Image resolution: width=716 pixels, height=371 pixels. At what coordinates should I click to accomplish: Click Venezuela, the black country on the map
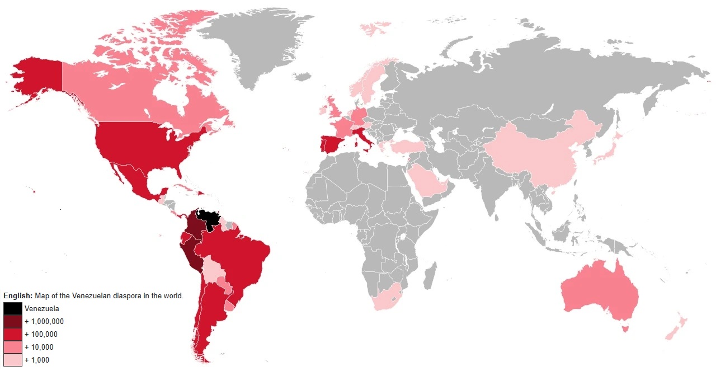pos(210,219)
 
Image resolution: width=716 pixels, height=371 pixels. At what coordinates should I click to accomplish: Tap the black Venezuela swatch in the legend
pos(12,308)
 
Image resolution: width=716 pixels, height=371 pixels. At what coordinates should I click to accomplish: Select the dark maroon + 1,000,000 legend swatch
pos(12,321)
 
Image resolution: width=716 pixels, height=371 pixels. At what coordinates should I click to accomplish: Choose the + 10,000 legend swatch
pos(12,347)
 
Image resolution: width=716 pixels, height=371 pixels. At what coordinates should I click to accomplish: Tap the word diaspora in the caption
pos(129,295)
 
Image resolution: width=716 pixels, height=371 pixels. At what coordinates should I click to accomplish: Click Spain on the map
pos(331,144)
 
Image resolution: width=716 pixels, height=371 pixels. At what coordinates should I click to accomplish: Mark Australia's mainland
pos(601,291)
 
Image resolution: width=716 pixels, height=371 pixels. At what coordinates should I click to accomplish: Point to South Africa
pos(386,300)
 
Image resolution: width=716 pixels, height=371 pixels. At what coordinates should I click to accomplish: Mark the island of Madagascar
pos(430,278)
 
